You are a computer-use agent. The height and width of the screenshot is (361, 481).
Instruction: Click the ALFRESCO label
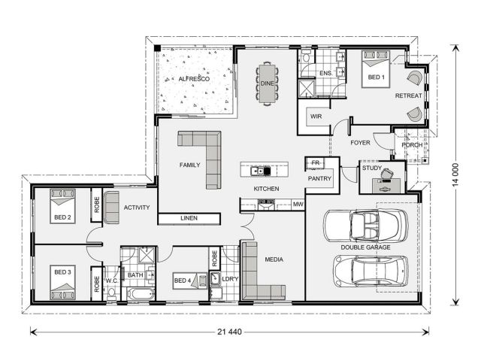[194, 79]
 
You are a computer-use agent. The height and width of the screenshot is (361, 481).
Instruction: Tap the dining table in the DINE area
[268, 83]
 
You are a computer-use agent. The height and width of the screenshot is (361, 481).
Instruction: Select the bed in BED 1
[376, 69]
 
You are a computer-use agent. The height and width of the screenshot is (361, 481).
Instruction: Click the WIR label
[316, 117]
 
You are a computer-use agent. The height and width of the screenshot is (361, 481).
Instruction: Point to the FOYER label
[360, 143]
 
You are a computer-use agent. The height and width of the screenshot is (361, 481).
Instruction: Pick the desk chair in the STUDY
[387, 174]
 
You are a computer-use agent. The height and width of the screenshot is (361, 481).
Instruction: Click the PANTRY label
[319, 178]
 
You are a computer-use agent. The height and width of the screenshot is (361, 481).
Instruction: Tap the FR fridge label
[316, 162]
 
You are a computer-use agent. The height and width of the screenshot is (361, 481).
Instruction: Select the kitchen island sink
[257, 171]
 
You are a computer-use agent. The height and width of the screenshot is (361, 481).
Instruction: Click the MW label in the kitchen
[298, 204]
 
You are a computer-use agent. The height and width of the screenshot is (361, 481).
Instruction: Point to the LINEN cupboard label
[189, 218]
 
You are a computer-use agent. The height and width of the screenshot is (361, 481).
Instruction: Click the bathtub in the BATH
[141, 294]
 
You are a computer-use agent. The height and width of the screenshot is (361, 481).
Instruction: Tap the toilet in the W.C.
[111, 293]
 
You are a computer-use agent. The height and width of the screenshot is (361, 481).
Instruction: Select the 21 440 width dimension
[229, 332]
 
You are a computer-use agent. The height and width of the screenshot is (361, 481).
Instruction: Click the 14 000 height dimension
[455, 175]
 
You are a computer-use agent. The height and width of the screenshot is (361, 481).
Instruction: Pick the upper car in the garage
[366, 226]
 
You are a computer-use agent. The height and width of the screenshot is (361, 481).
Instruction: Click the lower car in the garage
[371, 272]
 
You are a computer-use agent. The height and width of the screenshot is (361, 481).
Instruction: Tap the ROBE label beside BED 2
[97, 205]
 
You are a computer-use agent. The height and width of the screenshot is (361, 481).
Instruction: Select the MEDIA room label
[274, 259]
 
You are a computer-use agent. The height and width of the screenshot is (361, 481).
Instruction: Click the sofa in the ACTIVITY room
[111, 208]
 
